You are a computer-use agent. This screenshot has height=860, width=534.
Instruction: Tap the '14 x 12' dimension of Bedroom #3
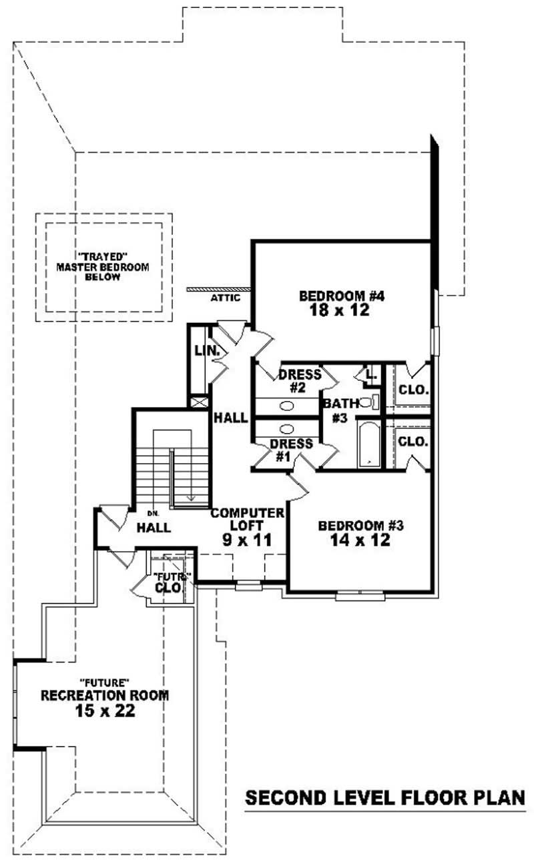[x=360, y=540]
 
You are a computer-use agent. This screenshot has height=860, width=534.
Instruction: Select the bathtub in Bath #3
[x=367, y=444]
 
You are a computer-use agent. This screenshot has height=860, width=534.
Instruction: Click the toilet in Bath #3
[x=367, y=402]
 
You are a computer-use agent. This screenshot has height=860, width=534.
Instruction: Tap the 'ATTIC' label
[x=225, y=298]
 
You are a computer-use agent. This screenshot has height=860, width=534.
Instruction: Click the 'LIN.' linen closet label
[x=203, y=350]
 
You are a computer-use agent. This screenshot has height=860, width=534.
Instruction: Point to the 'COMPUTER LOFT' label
[x=248, y=520]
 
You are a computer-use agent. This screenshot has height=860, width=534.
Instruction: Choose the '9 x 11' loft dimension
[x=248, y=540]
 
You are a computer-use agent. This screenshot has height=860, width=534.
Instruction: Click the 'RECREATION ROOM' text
[x=105, y=695]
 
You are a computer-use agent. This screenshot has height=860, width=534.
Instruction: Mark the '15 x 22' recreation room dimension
[x=105, y=711]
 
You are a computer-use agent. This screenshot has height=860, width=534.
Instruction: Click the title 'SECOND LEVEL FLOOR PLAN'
[x=385, y=798]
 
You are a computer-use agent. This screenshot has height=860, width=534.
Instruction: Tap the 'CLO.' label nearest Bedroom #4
[x=413, y=389]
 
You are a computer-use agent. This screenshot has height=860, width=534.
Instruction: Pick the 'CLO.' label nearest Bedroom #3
[x=413, y=441]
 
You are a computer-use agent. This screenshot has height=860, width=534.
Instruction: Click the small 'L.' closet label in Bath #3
[x=372, y=376]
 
